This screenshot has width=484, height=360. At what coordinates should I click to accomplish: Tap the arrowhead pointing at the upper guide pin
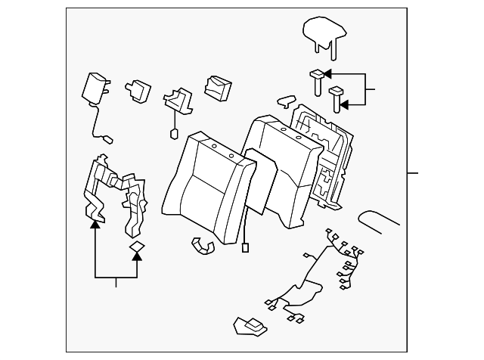pos(330,74)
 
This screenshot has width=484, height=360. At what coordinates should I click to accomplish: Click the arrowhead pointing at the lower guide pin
pos(345,105)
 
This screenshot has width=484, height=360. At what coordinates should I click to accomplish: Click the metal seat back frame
pos(321,151)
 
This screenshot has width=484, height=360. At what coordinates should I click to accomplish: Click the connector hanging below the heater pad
pos(245,247)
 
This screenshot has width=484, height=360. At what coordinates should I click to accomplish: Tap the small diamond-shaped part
pos(137,246)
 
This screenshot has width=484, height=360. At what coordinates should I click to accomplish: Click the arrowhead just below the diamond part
pos(137,258)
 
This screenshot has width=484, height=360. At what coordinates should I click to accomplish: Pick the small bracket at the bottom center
pos(250,326)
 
